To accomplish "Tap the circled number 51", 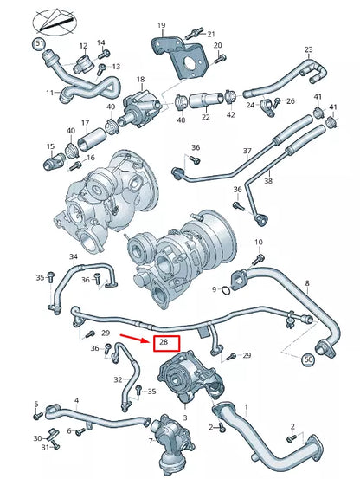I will pos(38,42).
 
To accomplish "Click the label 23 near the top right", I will pos(308,50).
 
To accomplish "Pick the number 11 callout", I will pos(49,91).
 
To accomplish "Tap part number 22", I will pos(206,116).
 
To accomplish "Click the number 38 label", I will pos(268,181).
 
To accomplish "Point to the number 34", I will pos(74,256).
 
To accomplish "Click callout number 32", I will pos(118,379).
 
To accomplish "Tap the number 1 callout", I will pos(245,407).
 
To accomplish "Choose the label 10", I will pos(258,242).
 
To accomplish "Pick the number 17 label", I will pos(85,123).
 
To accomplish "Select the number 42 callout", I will pos(230,113).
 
